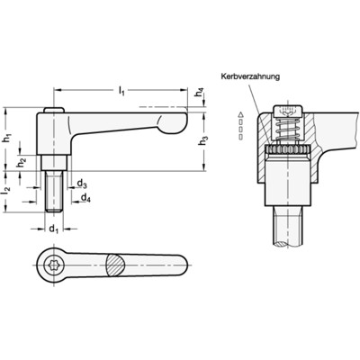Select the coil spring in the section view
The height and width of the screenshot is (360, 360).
coord(287,130)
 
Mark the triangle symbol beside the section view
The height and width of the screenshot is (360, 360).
coord(240,114)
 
